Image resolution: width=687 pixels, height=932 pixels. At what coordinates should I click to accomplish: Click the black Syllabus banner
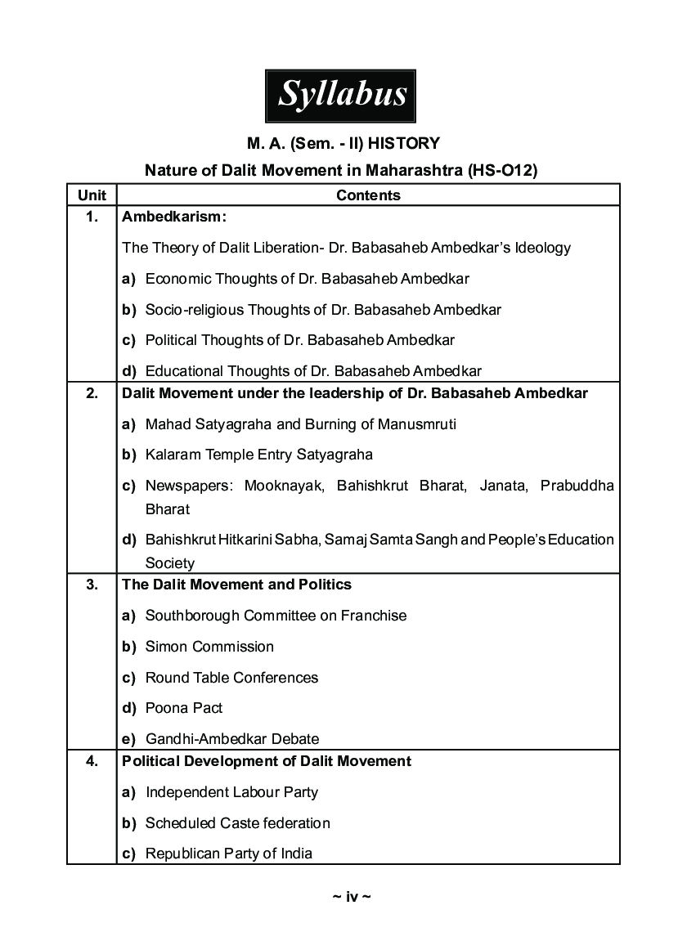340,96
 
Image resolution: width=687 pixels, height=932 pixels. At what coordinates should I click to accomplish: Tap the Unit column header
92,195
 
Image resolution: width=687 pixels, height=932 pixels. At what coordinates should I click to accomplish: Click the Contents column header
368,195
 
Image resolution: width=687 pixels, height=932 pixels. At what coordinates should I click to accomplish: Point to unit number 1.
92,217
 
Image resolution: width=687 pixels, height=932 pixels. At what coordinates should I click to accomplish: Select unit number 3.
92,585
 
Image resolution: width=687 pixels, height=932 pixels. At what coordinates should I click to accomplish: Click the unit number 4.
92,761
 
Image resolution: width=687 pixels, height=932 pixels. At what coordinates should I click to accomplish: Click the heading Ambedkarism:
174,217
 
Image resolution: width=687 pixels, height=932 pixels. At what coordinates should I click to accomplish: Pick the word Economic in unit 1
177,279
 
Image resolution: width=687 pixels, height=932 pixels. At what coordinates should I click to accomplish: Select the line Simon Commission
209,647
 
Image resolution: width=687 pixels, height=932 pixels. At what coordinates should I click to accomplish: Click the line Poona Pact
184,708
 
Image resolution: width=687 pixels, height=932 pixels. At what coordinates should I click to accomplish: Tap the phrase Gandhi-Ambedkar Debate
232,739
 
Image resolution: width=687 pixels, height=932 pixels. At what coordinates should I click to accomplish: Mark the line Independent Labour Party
231,792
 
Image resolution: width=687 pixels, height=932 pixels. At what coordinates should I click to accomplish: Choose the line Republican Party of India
229,854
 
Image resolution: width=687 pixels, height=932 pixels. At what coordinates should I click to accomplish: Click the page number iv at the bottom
352,897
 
